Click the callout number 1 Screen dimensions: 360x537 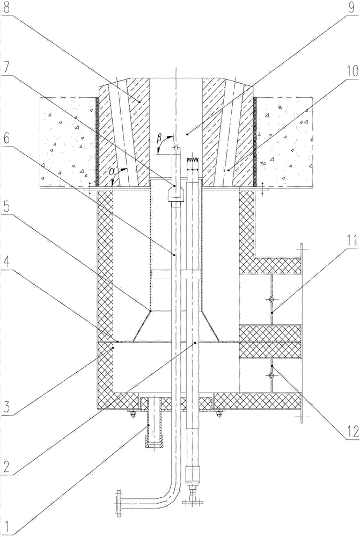[x=6, y=523]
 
